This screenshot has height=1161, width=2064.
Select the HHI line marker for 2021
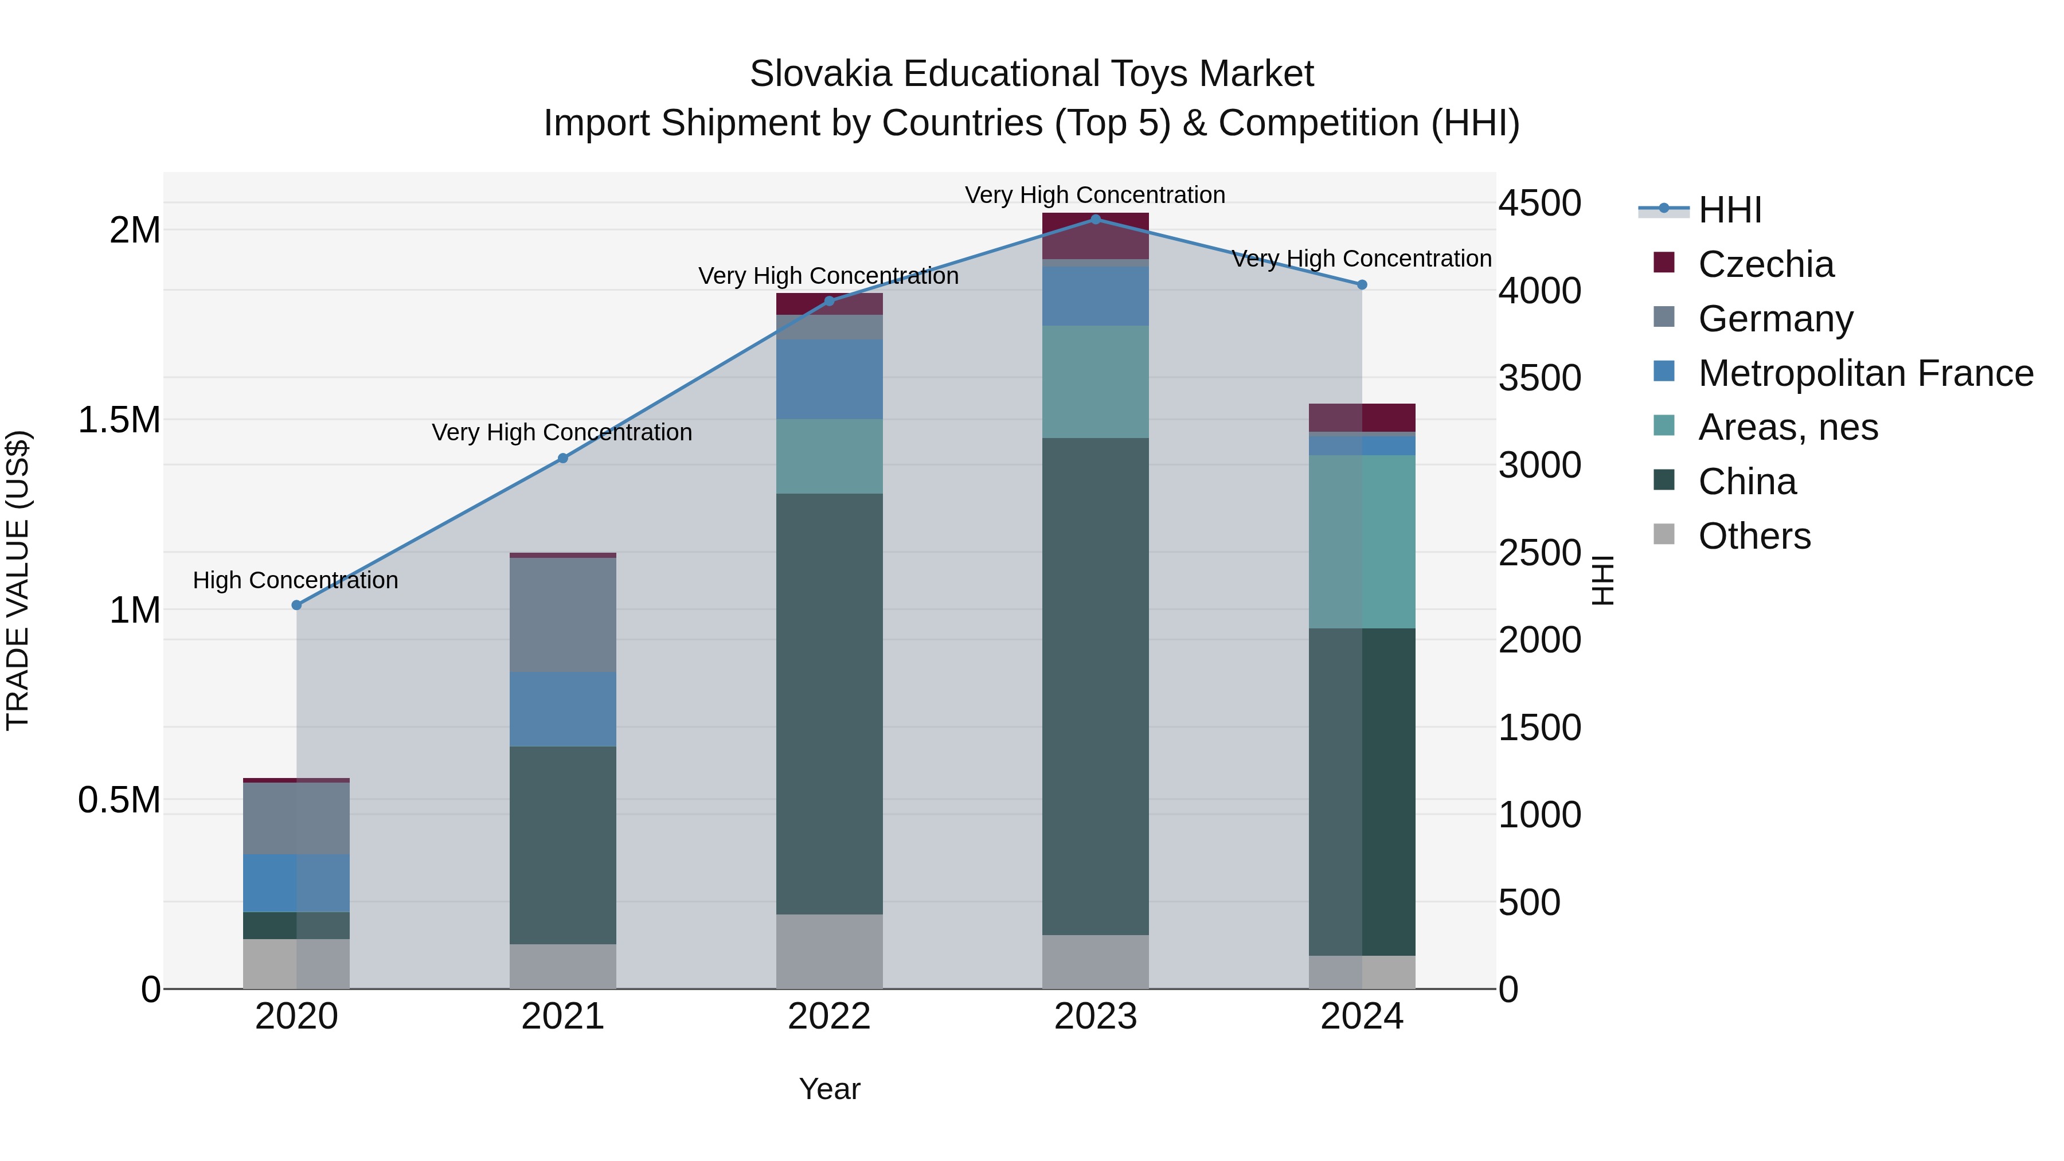pos(562,458)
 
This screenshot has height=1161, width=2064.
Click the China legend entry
pos(1747,482)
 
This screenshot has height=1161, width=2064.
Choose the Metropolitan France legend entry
pos(1865,373)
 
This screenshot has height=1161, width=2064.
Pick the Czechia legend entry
pos(1765,264)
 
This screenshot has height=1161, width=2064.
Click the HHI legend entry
pos(1729,210)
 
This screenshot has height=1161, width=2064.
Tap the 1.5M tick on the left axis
pos(119,420)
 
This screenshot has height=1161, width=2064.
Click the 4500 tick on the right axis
pos(1540,204)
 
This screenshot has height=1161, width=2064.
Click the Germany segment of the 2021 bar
pos(562,615)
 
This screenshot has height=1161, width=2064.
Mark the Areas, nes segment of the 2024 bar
pos(1362,542)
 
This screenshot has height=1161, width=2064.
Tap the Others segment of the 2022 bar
pos(829,952)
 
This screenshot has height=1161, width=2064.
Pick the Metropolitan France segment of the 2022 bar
pos(829,379)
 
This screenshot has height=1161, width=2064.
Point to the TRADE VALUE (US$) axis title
pos(18,580)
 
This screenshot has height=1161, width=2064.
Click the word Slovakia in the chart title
pos(820,75)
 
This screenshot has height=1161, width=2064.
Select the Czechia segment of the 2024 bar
pos(1362,417)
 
